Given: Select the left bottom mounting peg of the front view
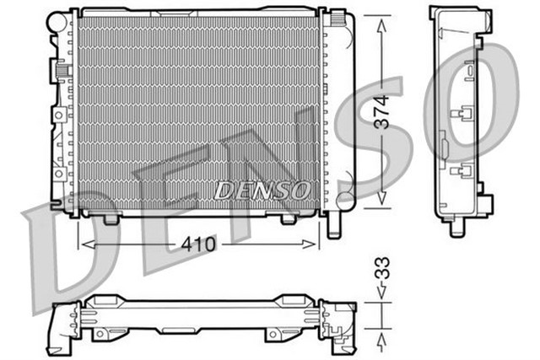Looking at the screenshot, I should [111, 218].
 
